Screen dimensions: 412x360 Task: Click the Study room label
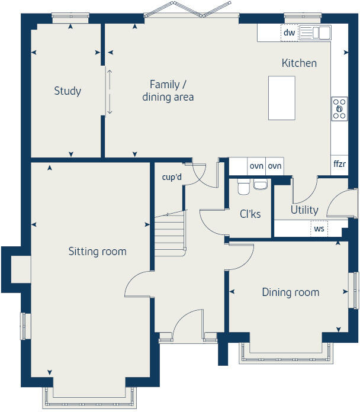tap(67, 91)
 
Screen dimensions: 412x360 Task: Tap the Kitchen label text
tap(299, 63)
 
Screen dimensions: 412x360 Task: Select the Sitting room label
tap(98, 252)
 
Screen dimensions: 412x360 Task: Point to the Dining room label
tap(290, 292)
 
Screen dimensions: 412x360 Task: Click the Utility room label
tap(304, 210)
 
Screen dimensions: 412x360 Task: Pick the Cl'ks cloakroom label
tap(249, 214)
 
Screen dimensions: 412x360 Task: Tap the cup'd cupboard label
tap(172, 177)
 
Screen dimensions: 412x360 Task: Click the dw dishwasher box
tap(289, 33)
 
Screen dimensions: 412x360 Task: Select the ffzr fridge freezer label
tap(339, 164)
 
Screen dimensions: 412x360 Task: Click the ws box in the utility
tap(319, 228)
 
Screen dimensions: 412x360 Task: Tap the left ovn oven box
tap(256, 166)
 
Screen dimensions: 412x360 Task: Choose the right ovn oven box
tap(274, 166)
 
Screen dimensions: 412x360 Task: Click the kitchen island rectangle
tap(282, 98)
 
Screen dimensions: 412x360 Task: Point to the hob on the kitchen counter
tap(339, 109)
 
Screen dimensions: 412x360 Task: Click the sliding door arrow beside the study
tap(108, 92)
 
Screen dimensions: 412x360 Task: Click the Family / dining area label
tap(168, 91)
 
